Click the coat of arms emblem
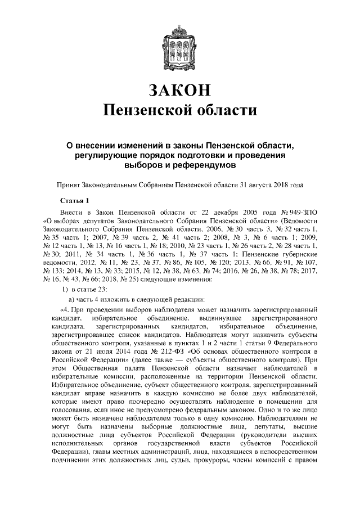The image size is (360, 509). (x=180, y=42)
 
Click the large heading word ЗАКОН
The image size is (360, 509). (x=180, y=89)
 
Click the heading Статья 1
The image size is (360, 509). (x=74, y=200)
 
